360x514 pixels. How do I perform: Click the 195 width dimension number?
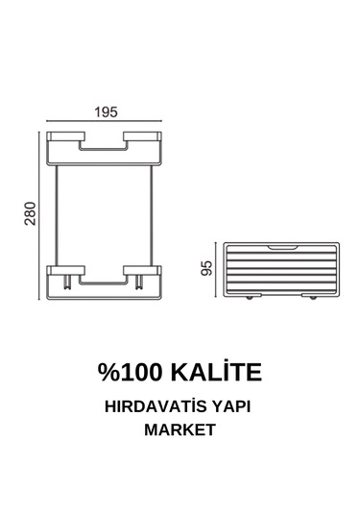[108, 111]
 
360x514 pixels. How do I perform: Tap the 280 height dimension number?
[31, 215]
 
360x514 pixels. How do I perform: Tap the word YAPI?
[237, 407]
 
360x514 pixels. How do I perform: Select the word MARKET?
[180, 430]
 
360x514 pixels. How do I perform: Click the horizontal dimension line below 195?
[108, 123]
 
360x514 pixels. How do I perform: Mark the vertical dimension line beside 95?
[217, 269]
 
